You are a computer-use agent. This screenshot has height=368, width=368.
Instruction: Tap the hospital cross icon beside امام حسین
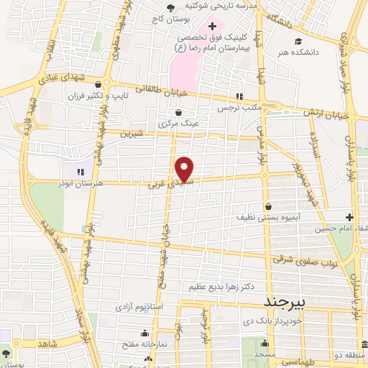(349, 217)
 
